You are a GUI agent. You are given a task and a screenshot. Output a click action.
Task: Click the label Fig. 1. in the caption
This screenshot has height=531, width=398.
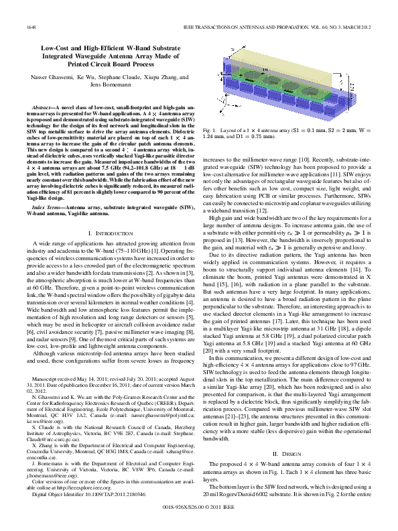pyautogui.click(x=211, y=146)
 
